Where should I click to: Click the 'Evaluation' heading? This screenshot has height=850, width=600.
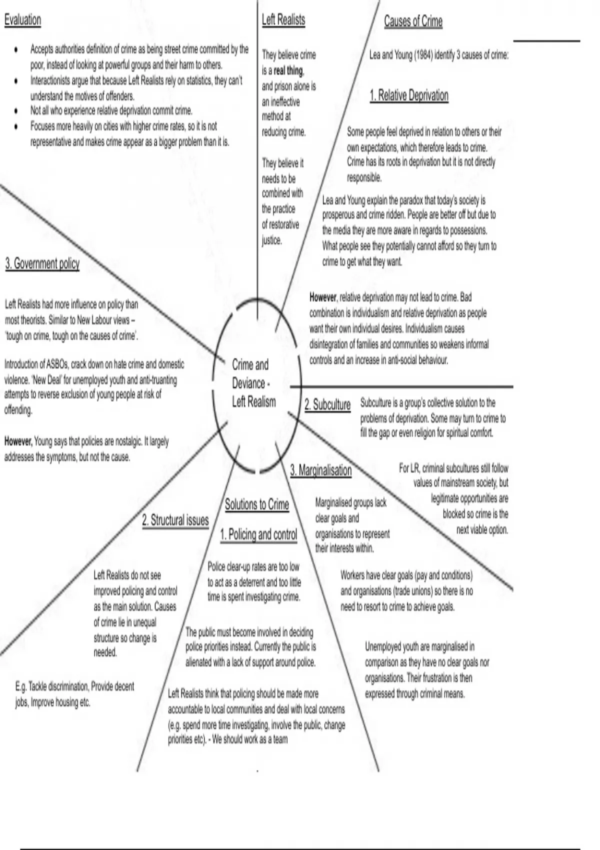(22, 20)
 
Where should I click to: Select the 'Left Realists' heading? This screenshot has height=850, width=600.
(283, 20)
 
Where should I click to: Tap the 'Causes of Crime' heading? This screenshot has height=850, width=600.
(413, 21)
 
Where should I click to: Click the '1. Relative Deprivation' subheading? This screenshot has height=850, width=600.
(409, 95)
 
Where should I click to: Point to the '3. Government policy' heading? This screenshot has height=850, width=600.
(42, 263)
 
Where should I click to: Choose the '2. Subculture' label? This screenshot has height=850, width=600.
(327, 404)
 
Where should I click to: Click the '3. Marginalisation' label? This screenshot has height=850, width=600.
(321, 470)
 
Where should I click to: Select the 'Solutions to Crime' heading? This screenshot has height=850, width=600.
(257, 504)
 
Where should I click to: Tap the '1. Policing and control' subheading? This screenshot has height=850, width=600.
(258, 534)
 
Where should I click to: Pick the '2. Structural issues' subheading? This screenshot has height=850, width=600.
(175, 520)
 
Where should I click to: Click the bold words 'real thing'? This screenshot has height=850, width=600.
(288, 70)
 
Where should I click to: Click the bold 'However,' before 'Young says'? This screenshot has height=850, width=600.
(18, 441)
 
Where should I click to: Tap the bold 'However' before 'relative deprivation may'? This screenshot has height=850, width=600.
(323, 297)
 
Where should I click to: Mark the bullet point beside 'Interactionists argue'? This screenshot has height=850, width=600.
(17, 80)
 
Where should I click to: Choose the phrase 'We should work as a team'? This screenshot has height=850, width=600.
(250, 739)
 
